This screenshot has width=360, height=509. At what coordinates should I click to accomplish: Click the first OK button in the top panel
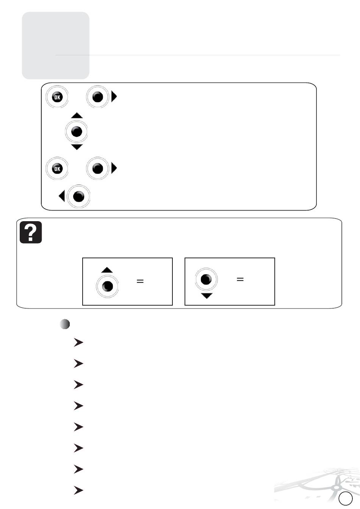click(x=57, y=97)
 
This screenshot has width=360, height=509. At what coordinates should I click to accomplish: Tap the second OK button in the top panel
click(x=57, y=169)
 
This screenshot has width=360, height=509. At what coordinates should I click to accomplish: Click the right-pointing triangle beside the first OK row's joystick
click(x=114, y=97)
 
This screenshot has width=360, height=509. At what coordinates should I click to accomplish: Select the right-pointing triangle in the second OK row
click(x=114, y=168)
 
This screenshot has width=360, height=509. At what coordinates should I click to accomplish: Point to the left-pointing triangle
click(x=62, y=196)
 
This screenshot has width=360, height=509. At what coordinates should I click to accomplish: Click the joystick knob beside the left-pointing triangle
click(x=79, y=196)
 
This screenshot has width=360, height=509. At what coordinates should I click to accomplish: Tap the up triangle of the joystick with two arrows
click(x=77, y=115)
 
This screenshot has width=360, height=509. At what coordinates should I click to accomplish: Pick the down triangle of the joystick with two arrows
click(x=77, y=147)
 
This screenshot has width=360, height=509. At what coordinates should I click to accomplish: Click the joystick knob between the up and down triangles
click(x=77, y=131)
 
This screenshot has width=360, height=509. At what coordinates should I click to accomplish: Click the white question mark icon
click(x=31, y=232)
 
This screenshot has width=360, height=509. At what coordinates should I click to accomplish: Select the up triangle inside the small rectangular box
click(x=107, y=270)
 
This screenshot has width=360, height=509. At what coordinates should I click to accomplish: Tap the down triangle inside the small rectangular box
click(x=207, y=296)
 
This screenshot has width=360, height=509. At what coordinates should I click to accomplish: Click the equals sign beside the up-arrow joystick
click(x=140, y=281)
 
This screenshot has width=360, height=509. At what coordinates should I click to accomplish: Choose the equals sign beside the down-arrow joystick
click(x=240, y=279)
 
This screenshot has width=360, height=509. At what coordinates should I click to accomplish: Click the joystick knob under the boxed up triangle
click(x=107, y=286)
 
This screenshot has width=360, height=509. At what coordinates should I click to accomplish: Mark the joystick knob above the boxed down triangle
click(x=206, y=279)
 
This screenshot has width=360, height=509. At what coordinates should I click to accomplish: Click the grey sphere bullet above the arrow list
click(x=65, y=324)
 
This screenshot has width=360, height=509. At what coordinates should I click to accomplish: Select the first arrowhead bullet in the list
click(x=78, y=343)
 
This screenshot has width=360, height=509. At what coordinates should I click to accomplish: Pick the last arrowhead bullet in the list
click(x=78, y=490)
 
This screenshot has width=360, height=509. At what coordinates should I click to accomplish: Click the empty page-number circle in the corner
click(x=346, y=498)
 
